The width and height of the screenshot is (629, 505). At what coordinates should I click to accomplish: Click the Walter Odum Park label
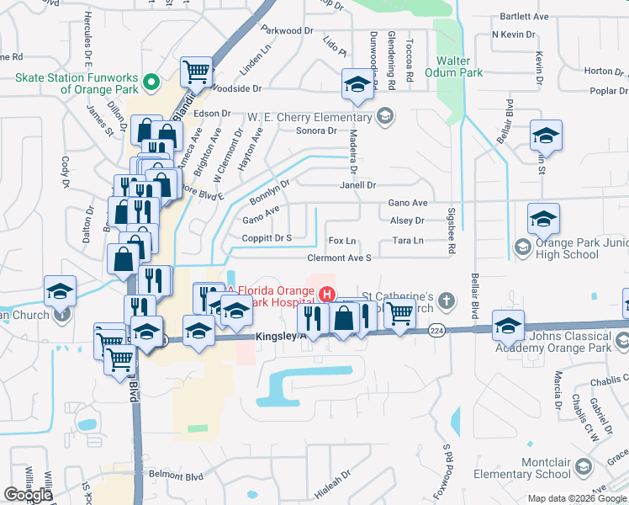click(459, 66)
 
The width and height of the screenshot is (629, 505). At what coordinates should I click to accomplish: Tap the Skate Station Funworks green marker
click(151, 82)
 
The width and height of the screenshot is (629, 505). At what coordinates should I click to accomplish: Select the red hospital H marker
click(326, 294)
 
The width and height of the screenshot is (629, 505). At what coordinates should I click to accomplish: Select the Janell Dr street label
click(357, 185)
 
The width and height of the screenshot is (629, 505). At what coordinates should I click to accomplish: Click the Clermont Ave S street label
click(340, 258)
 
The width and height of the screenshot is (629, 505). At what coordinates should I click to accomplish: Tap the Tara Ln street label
click(408, 241)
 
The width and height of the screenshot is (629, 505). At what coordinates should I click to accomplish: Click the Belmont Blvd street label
click(177, 475)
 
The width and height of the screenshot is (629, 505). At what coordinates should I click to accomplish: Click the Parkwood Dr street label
click(286, 30)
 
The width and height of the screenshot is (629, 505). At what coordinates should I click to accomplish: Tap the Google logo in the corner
click(28, 494)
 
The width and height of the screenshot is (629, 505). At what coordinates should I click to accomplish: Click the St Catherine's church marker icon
click(447, 300)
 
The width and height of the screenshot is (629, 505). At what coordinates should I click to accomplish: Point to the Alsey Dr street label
click(407, 221)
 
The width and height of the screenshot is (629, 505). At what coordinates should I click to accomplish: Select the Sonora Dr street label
click(316, 130)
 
